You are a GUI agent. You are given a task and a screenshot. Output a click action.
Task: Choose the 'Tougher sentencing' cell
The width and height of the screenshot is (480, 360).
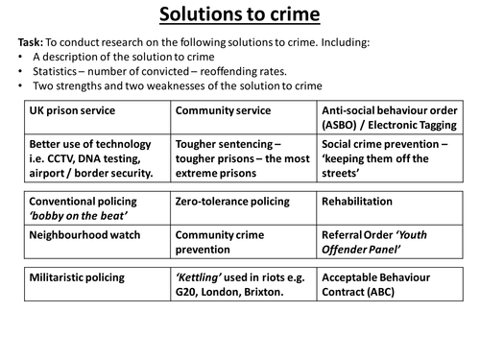pos(244,157)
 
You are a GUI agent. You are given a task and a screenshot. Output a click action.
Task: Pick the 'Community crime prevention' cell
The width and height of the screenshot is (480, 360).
pos(244,246)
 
